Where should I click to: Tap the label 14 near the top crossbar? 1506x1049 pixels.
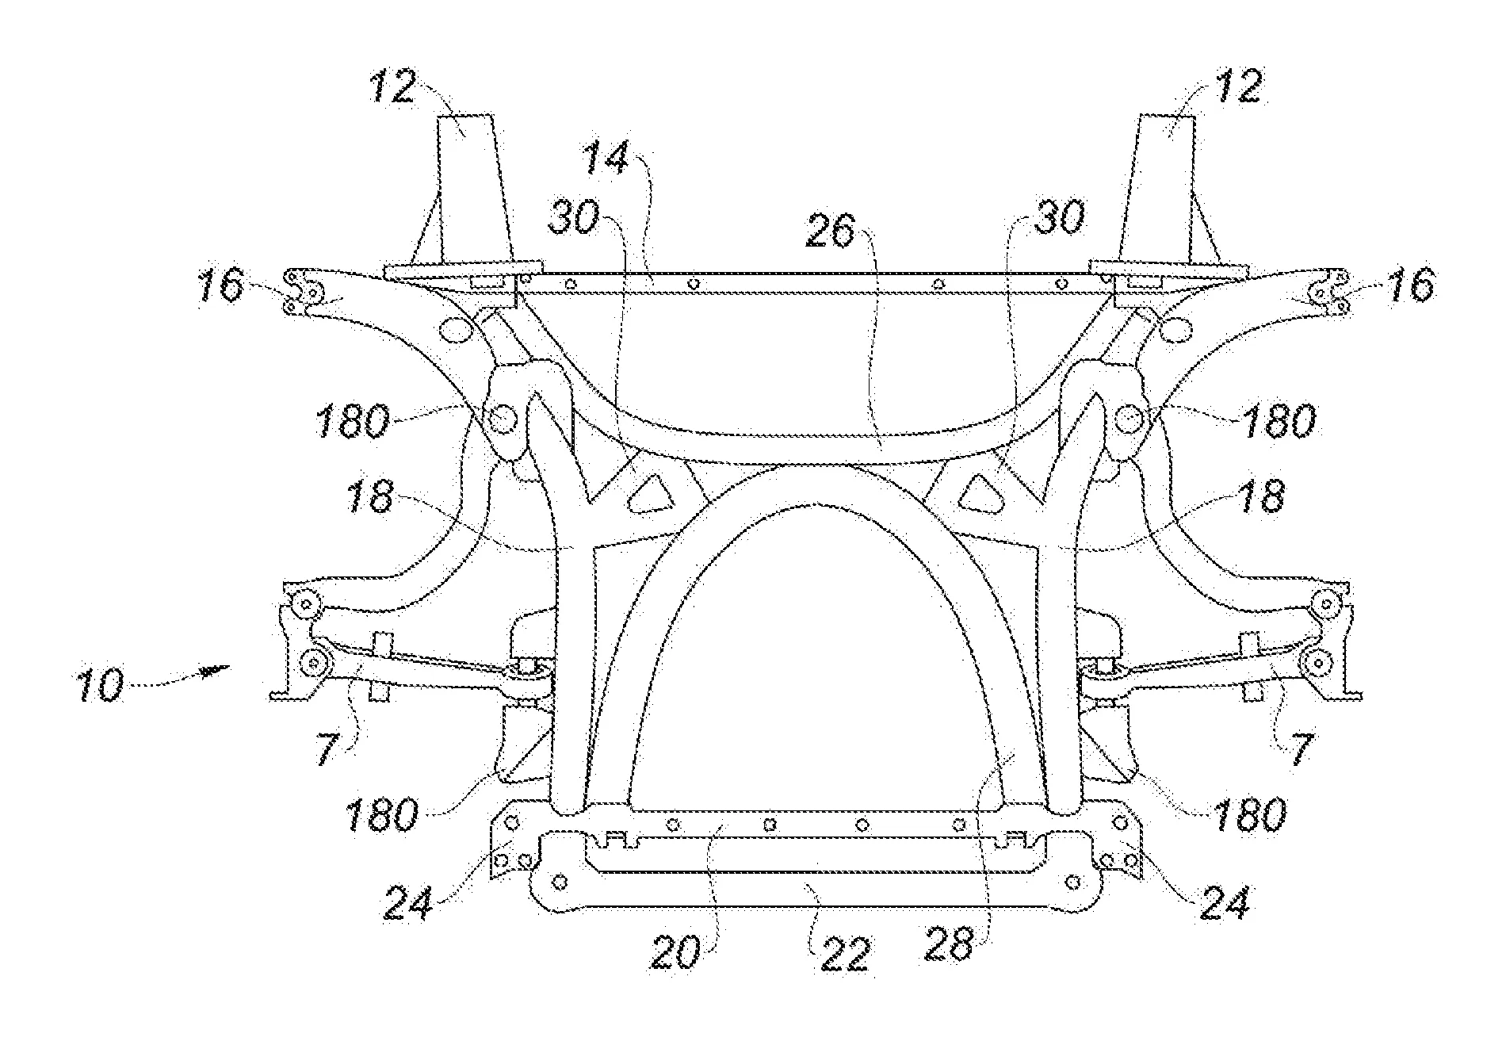coord(606,159)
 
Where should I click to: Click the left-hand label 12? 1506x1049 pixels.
coord(393,86)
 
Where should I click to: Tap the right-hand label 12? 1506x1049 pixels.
coord(1237,86)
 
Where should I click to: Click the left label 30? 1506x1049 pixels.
coord(576,216)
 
